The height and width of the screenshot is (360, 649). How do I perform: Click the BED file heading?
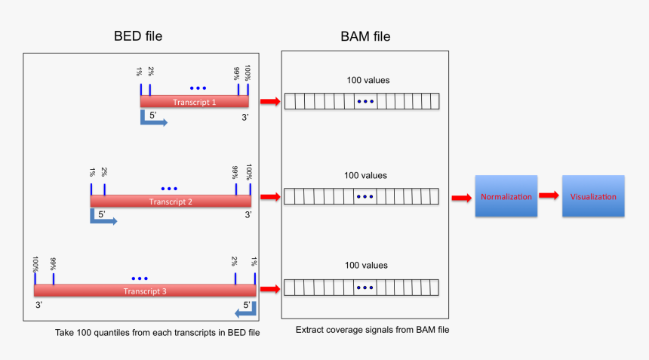137,35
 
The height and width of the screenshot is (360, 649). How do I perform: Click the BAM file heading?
365,35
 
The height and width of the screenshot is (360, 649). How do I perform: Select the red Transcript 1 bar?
194,102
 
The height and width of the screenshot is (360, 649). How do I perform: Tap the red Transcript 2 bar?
171,202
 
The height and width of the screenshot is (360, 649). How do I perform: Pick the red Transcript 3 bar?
144,291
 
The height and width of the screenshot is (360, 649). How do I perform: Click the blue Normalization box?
506,196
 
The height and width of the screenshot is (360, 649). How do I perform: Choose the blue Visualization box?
593,196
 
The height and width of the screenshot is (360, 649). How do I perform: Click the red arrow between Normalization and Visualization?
549,195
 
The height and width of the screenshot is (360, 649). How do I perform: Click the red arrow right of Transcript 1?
269,101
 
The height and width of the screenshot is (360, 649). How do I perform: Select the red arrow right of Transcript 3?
269,288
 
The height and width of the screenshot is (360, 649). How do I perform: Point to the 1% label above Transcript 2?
91,173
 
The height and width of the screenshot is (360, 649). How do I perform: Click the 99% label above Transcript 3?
53,264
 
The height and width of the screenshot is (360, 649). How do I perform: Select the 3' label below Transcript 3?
39,306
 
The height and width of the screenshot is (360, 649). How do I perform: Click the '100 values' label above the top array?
366,80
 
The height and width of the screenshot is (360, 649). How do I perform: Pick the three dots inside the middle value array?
364,197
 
